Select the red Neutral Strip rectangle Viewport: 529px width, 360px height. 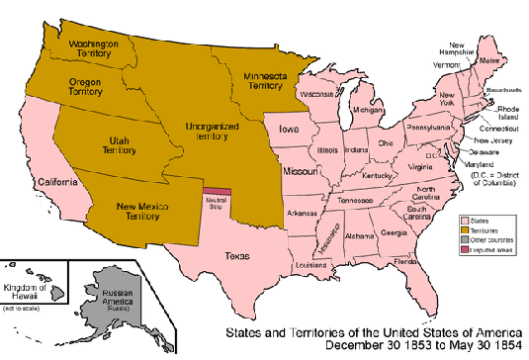[x=218, y=191]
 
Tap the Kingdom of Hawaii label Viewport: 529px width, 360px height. [x=31, y=292]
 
